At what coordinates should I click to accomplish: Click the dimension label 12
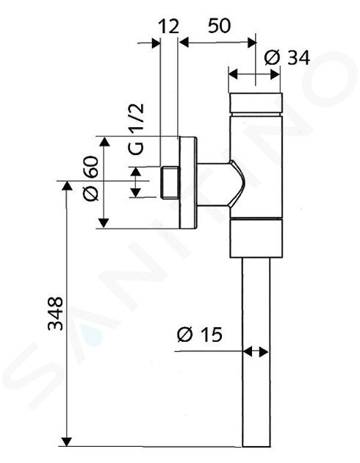tap(169, 26)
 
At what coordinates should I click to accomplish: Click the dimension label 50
tap(219, 26)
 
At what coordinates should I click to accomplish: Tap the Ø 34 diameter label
tap(287, 57)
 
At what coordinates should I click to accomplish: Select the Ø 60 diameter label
tap(91, 179)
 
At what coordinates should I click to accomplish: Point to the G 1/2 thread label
tap(137, 129)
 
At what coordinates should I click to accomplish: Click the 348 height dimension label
tap(56, 314)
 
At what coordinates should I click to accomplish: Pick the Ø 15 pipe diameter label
tap(200, 334)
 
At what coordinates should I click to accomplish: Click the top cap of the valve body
tap(256, 104)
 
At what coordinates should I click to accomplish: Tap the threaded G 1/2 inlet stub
tap(170, 182)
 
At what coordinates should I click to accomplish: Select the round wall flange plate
tap(188, 183)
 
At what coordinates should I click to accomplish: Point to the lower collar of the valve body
tap(256, 239)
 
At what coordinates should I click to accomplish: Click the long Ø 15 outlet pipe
tap(256, 352)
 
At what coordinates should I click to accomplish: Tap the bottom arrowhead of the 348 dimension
tap(67, 441)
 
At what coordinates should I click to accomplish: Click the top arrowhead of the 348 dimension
tap(67, 186)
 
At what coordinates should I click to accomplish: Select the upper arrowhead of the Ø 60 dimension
tap(104, 142)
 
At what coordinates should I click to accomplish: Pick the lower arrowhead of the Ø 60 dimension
tap(104, 223)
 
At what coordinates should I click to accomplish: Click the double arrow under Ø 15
tap(256, 352)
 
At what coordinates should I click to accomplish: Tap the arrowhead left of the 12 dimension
tap(156, 43)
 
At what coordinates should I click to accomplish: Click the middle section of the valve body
tap(256, 167)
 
